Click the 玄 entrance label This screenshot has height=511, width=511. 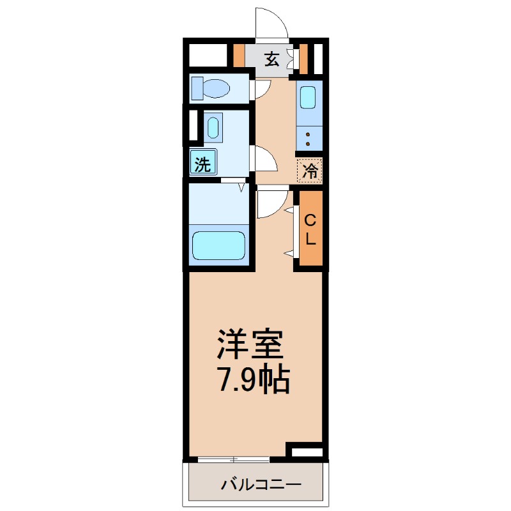click(x=271, y=59)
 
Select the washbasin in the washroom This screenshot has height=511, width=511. click(x=213, y=126)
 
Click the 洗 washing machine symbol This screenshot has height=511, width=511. click(x=202, y=163)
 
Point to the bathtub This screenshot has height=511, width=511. click(x=219, y=245)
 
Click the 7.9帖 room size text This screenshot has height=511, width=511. click(x=254, y=381)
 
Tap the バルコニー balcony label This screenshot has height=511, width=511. click(x=254, y=484)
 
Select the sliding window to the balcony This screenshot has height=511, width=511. click(x=233, y=459)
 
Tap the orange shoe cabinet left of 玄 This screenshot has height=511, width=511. click(x=239, y=56)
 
